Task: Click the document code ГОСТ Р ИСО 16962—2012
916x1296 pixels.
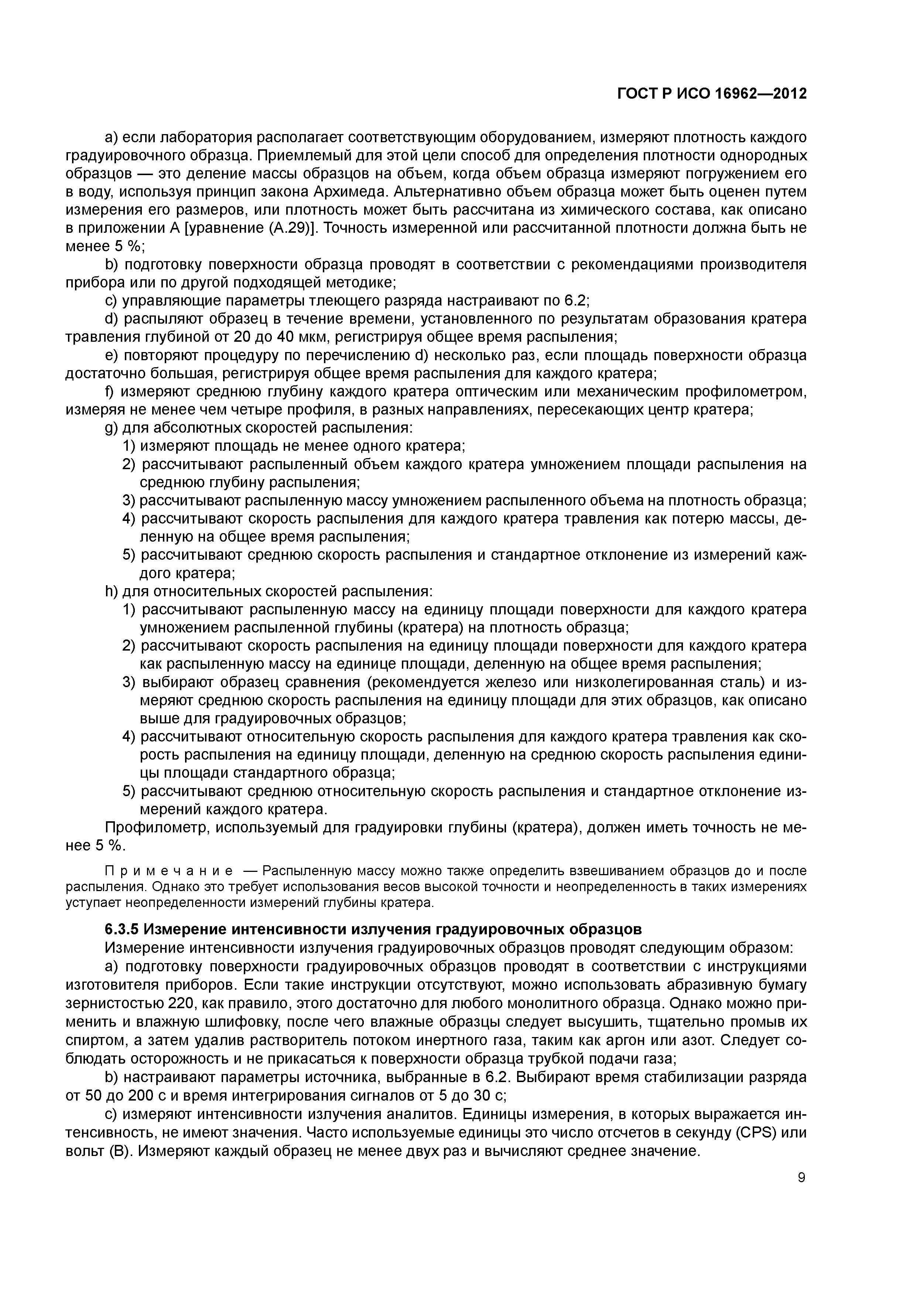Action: pyautogui.click(x=712, y=94)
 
